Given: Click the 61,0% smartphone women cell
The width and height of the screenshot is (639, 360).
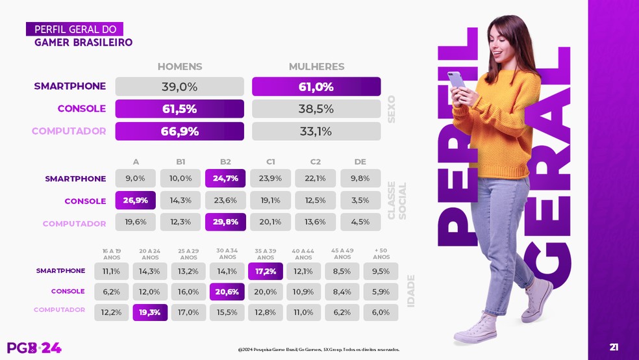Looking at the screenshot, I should point(316,87).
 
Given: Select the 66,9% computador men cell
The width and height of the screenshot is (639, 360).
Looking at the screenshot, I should point(179,131).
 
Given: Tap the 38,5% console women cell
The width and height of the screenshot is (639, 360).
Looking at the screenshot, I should point(316,109).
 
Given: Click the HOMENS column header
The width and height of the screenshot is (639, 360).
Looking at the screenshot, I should point(180,67).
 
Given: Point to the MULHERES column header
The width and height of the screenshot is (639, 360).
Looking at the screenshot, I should point(316,67).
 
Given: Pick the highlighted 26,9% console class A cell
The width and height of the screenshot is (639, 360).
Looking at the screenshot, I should point(136,200).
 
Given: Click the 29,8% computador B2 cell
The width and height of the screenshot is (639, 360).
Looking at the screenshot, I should point(225,222).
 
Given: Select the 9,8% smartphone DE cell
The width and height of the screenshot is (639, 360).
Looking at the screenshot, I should point(360,179).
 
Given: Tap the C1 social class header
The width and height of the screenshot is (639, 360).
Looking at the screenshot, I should point(271,162).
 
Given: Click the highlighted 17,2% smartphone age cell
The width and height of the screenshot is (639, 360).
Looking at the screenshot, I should point(266,271).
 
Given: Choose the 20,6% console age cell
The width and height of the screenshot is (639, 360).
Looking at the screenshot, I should point(227,292).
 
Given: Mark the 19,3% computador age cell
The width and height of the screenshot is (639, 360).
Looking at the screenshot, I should point(150,313).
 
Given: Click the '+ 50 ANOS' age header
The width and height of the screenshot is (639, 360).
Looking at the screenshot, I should point(381,253).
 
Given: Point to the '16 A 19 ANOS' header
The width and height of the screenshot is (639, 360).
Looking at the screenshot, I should point(112,253).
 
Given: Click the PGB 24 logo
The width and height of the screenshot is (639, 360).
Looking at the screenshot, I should point(34,348).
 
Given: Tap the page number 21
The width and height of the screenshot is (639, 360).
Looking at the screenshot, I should point(614,347).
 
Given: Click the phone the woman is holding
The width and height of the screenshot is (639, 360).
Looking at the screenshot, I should point(456,80).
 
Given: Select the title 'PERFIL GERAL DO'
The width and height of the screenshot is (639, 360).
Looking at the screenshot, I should point(75,29).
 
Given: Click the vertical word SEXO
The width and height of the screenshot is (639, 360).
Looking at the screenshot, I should point(392,109).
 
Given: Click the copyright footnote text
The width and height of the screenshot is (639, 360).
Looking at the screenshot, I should point(319,350).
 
